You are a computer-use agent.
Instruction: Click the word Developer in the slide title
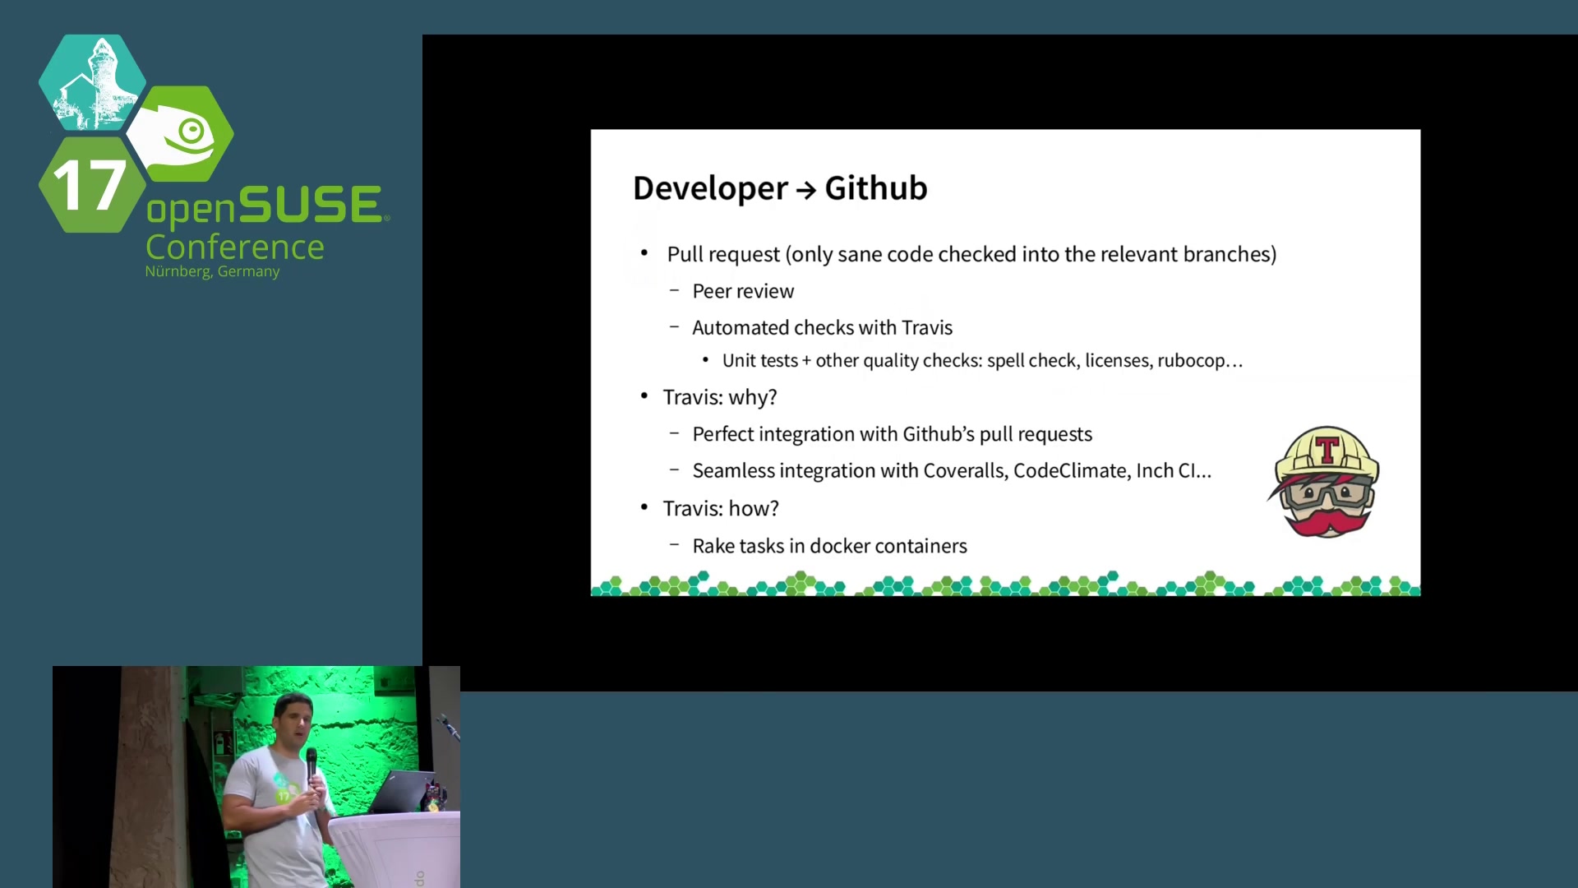[710, 189]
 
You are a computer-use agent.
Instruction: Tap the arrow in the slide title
[806, 191]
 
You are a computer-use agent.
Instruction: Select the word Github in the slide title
[876, 188]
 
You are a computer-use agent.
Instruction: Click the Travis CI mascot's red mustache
[1327, 520]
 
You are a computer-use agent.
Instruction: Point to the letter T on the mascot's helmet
[1327, 450]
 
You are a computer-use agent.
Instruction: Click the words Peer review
[743, 291]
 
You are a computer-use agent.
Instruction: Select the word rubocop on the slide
[1191, 361]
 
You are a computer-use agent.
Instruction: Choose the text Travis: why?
[720, 398]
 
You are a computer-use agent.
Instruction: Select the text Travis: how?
[721, 509]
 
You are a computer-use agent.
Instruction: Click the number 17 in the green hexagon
[89, 186]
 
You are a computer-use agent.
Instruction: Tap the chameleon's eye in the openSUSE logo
[192, 131]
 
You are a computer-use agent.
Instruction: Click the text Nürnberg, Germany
[212, 271]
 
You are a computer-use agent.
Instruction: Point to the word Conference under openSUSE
[235, 247]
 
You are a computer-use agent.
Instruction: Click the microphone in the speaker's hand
[311, 764]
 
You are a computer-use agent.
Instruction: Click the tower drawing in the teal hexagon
[91, 83]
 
